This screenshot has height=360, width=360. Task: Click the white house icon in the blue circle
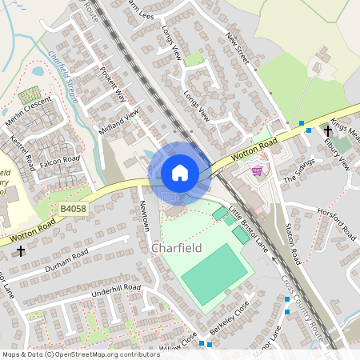tap(180, 173)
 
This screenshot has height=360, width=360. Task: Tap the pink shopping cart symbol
tap(257, 171)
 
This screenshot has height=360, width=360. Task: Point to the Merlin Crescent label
tap(28, 110)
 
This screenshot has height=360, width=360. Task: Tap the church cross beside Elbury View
tap(327, 130)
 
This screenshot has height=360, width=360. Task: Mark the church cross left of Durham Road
tap(20, 251)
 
